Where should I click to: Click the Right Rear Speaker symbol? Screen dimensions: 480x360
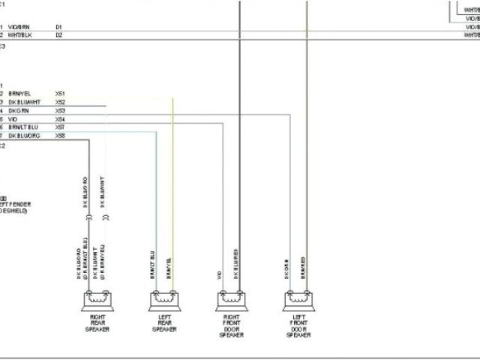coord(97,301)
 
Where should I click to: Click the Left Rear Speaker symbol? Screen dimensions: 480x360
coord(164,301)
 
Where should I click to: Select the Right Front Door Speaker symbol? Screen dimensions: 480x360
coord(231,301)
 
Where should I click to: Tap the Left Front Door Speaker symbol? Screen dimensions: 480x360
coord(298,301)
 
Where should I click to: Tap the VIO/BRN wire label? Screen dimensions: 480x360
coord(19,27)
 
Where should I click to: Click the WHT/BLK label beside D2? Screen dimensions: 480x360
coord(20,35)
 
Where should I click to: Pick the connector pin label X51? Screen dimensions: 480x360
coord(60,93)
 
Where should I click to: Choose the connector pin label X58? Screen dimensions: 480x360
coord(60,136)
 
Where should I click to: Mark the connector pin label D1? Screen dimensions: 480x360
coord(58,27)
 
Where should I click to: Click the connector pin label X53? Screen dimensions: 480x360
coord(60,110)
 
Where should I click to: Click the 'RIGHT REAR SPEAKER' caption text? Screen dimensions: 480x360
coord(97,322)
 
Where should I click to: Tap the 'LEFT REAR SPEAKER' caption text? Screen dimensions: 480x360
coord(164,322)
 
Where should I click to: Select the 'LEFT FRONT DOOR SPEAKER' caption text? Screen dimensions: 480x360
coord(298,326)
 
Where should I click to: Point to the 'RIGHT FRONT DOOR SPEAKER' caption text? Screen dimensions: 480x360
coord(231,326)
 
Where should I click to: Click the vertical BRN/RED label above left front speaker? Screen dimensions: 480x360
coord(303,268)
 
